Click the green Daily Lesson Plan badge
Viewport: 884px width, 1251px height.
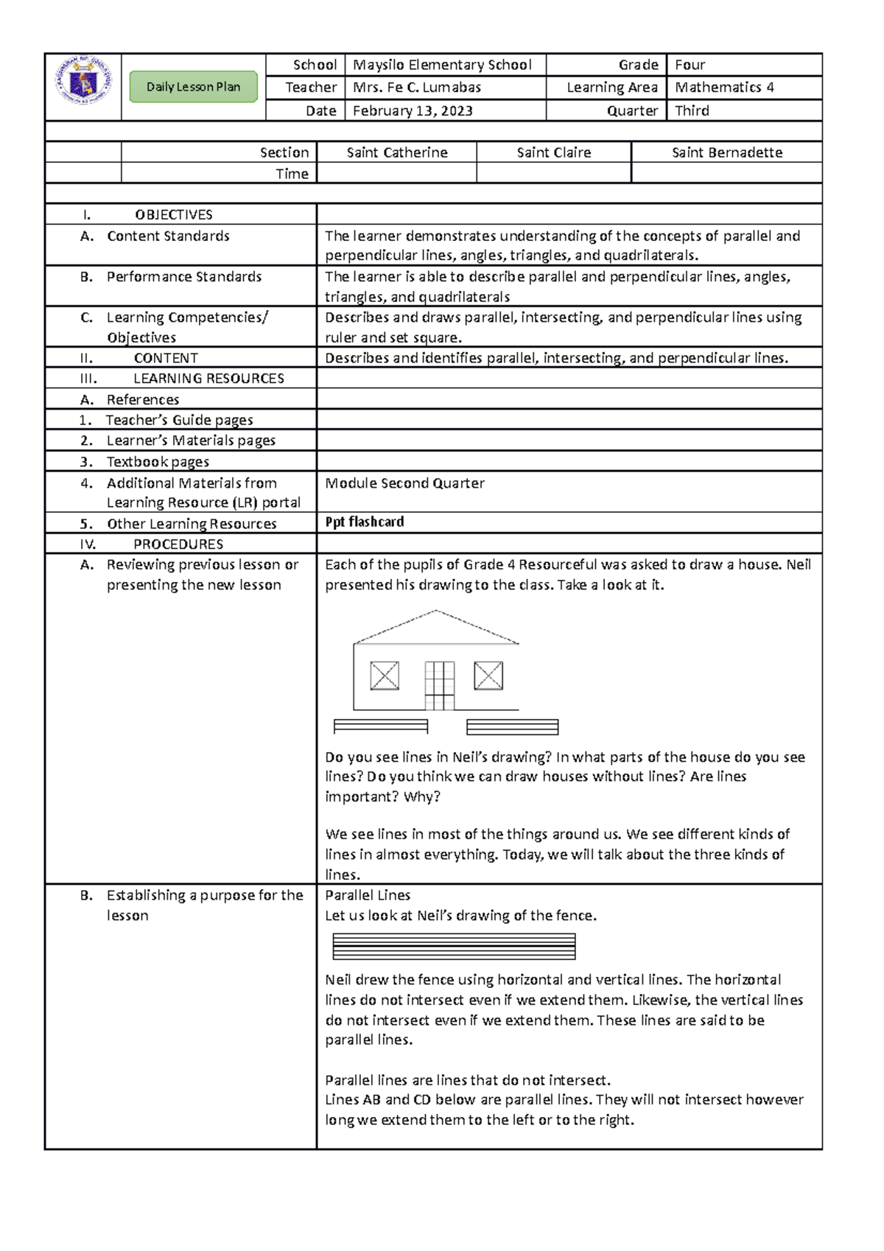click(x=193, y=87)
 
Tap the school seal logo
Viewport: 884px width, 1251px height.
click(x=83, y=81)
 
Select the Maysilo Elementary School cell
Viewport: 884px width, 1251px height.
click(x=442, y=65)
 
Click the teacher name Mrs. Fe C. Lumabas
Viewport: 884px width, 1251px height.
click(x=417, y=88)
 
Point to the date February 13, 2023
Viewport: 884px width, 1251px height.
click(x=413, y=111)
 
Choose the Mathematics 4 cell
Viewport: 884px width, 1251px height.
click(x=724, y=88)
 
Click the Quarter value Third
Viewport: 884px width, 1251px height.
click(x=692, y=111)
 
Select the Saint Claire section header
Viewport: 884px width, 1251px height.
click(x=553, y=153)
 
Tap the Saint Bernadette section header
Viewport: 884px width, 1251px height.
click(x=726, y=153)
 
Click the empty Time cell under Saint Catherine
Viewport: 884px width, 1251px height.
click(x=396, y=173)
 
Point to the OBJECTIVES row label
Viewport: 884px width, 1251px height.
click(x=173, y=214)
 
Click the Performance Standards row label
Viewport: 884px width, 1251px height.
click(x=183, y=277)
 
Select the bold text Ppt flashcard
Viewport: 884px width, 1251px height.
click(x=365, y=522)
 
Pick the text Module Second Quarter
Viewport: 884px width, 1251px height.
click(x=404, y=483)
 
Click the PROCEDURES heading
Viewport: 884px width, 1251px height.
click(x=178, y=544)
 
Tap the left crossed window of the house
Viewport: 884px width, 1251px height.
click(x=385, y=676)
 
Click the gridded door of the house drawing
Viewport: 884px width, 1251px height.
click(x=439, y=685)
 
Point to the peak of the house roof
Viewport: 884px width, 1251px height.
click(x=436, y=612)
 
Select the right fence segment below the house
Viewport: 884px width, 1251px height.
click(x=512, y=727)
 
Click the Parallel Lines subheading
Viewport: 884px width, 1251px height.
click(x=368, y=895)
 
